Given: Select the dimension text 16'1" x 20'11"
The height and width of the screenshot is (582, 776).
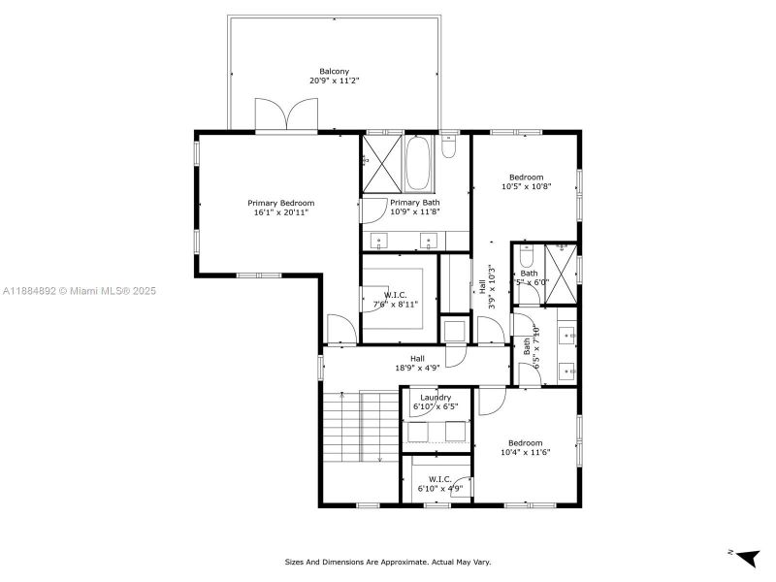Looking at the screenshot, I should tap(280, 212).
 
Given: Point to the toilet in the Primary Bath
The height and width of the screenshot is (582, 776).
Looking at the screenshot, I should tap(449, 148).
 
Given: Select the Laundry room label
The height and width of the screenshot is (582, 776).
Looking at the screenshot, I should tap(436, 397).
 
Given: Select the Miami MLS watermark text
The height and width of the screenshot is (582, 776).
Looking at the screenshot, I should tap(80, 291).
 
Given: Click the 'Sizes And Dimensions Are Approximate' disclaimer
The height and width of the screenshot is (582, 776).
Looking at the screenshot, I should tap(387, 562).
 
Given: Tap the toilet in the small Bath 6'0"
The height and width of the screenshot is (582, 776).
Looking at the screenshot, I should tap(527, 257).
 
